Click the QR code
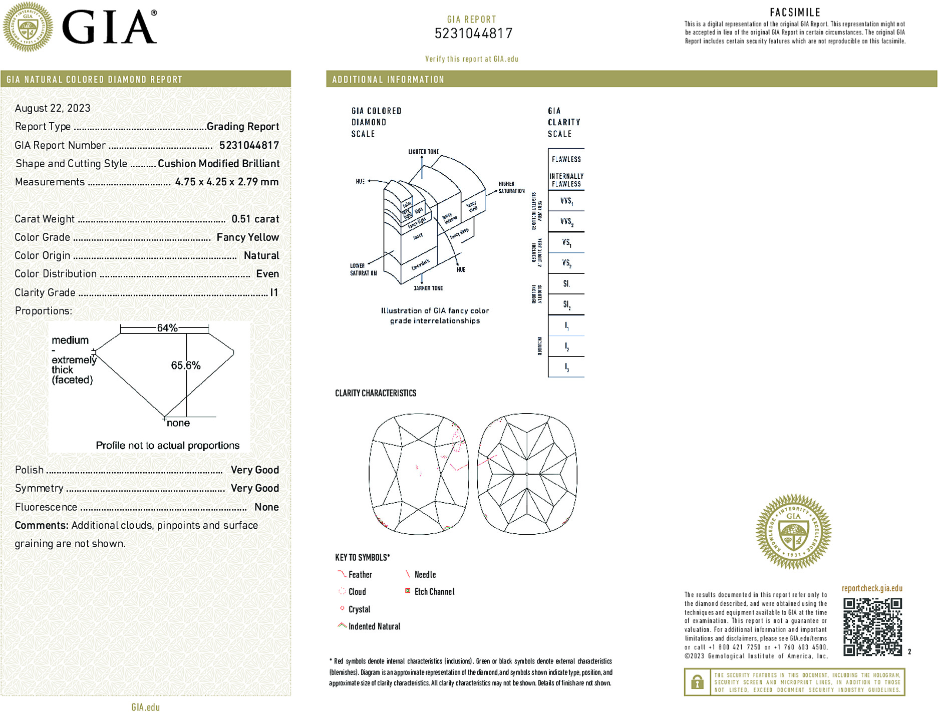point(872,626)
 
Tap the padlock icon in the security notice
point(697,682)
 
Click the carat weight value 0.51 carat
point(255,219)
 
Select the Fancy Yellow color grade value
point(247,237)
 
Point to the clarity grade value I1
point(274,292)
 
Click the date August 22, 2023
point(53,108)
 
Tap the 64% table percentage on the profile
point(167,328)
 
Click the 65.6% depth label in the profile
point(185,366)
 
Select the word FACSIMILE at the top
point(795,13)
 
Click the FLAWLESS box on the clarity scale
point(566,159)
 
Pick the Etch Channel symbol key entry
point(430,592)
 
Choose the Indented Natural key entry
point(370,626)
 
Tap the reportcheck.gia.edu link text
point(872,588)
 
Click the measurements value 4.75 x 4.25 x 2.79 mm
point(226,182)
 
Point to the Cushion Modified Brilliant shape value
point(218,164)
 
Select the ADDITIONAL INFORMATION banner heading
point(388,80)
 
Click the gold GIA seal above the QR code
point(793,532)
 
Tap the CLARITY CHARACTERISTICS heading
point(376,394)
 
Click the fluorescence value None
point(266,507)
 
